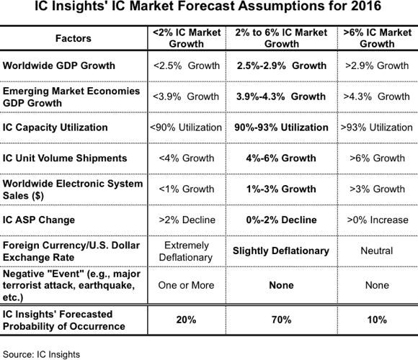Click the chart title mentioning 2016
(x=208, y=6)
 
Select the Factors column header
(x=74, y=38)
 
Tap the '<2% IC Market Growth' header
(x=187, y=38)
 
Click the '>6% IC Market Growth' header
(x=377, y=38)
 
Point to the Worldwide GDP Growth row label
(x=59, y=66)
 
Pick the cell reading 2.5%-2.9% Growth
(x=282, y=66)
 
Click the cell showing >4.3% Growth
(x=376, y=96)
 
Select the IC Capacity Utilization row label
(x=55, y=127)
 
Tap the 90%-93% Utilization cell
(x=281, y=127)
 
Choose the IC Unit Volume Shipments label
(x=65, y=158)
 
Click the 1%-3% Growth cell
(x=281, y=189)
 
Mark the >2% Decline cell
(x=187, y=220)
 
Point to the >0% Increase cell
(x=378, y=220)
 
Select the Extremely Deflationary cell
(x=186, y=251)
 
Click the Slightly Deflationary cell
(x=281, y=251)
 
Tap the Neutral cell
(x=377, y=251)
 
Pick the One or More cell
(x=186, y=285)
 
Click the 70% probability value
(x=282, y=320)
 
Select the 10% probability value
(x=377, y=320)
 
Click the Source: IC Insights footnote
(x=41, y=354)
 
